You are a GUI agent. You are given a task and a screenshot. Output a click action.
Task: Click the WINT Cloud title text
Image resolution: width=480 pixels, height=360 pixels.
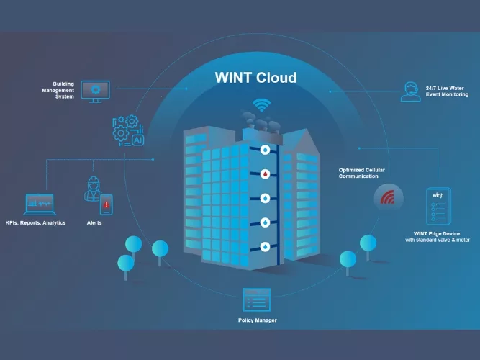tap(255, 77)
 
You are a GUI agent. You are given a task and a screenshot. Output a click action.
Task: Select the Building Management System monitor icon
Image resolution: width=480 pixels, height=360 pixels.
tap(95, 91)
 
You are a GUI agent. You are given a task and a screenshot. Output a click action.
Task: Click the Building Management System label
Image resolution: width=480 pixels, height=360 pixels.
tap(60, 90)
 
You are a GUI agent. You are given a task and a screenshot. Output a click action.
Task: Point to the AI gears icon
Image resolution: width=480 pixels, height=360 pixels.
tap(128, 131)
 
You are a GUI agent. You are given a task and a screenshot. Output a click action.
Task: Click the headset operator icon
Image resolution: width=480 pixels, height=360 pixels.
tap(410, 91)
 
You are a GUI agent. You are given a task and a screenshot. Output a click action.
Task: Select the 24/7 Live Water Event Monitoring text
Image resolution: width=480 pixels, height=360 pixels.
tap(447, 91)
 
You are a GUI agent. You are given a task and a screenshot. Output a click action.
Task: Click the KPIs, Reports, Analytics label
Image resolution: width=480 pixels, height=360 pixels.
tap(35, 223)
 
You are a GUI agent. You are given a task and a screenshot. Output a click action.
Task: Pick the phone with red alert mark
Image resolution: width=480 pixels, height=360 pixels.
tap(106, 204)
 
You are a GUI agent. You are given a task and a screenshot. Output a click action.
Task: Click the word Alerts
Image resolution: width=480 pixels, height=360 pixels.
tap(94, 223)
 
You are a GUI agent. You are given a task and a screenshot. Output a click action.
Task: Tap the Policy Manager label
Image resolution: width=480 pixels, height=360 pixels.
tap(257, 320)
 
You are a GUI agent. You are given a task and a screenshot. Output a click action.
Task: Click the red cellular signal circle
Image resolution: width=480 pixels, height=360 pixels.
tap(388, 196)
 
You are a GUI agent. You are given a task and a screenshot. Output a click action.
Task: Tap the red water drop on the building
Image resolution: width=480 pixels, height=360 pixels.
tap(266, 174)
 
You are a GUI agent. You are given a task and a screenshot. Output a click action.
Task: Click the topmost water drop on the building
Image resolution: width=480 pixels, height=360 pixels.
tap(266, 150)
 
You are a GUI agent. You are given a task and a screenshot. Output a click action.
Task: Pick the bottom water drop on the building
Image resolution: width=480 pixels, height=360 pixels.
tap(266, 246)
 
